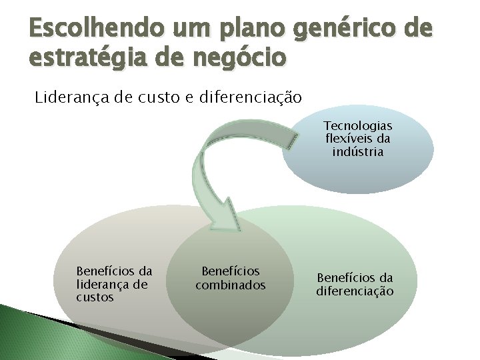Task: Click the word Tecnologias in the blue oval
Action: (x=358, y=126)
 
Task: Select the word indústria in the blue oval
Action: (x=358, y=151)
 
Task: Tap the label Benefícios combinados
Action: (x=231, y=279)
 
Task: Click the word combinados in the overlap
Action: (x=231, y=285)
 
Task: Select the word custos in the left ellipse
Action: (x=95, y=298)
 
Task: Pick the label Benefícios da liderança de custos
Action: (x=113, y=285)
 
